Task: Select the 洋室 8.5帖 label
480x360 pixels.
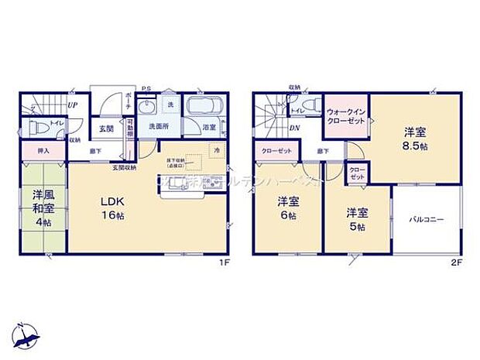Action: click(x=415, y=138)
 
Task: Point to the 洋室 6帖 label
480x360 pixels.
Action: click(x=288, y=208)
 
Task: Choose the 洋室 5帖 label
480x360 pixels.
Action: click(x=355, y=219)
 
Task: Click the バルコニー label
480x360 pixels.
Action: click(x=427, y=219)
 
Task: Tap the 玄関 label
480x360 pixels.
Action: click(x=105, y=129)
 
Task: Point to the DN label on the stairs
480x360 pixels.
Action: click(x=295, y=128)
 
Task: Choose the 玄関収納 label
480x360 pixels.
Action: click(x=125, y=167)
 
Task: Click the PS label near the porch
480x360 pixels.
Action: click(x=146, y=88)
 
